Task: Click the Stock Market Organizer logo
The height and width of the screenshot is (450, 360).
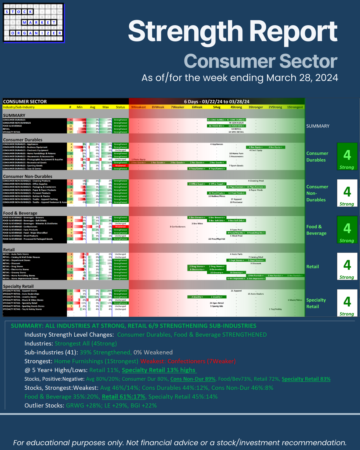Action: click(34, 23)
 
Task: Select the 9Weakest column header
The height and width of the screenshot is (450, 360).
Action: click(138, 107)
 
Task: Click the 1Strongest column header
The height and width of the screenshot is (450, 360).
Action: click(295, 107)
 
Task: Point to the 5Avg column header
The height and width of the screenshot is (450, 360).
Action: click(217, 107)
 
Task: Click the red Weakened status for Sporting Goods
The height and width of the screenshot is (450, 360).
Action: click(120, 166)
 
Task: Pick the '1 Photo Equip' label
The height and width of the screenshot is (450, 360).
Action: click(138, 160)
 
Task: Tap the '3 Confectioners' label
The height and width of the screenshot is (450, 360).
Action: click(178, 227)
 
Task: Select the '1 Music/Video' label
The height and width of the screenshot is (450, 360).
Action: click(295, 300)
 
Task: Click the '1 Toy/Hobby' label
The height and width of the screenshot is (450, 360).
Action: click(275, 309)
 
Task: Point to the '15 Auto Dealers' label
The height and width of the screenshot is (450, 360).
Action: click(256, 294)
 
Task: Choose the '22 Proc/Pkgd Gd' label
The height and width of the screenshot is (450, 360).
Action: click(217, 239)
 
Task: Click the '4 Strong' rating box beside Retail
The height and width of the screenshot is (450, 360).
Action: click(347, 267)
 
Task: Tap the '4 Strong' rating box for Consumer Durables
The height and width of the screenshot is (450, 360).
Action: click(347, 157)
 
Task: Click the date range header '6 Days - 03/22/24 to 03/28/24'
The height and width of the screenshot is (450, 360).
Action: click(217, 101)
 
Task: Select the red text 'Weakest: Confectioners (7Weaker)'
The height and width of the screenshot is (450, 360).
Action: click(188, 361)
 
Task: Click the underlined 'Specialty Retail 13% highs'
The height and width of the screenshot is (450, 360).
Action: click(159, 370)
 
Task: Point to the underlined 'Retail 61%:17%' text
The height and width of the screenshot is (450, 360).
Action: click(123, 397)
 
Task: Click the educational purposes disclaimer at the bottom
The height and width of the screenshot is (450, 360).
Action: click(180, 443)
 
